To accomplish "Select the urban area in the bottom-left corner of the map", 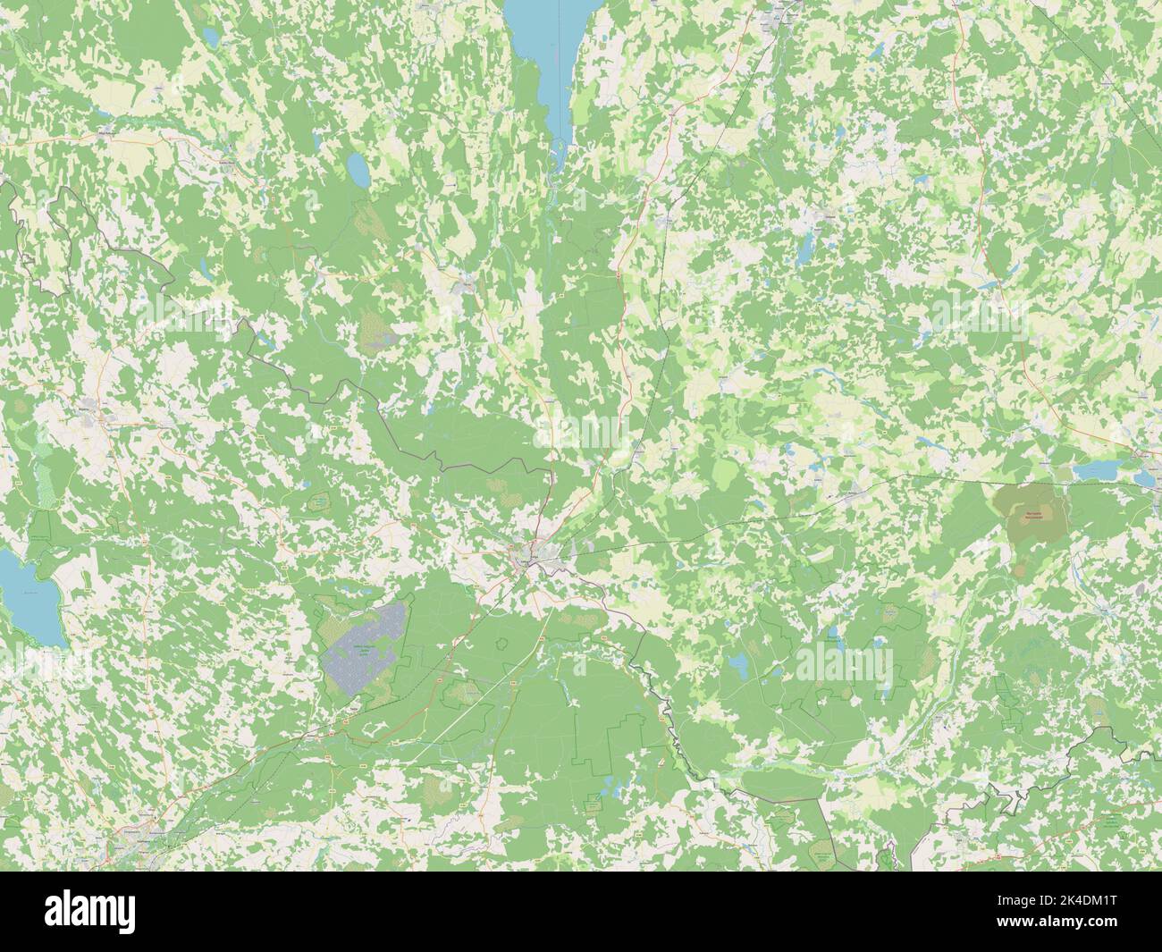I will click(134, 840).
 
